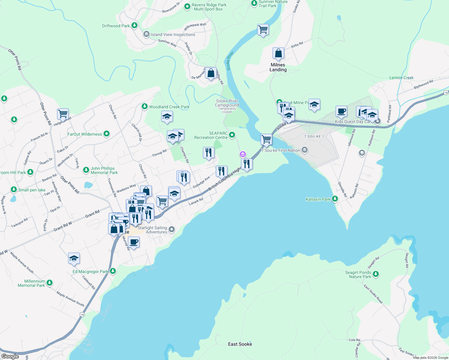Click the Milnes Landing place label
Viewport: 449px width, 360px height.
click(x=278, y=67)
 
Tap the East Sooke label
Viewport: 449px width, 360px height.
click(x=240, y=344)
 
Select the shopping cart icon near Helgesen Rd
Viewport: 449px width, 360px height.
click(x=63, y=114)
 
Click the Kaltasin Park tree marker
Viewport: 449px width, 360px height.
click(x=335, y=199)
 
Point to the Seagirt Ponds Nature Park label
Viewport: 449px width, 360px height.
click(x=358, y=274)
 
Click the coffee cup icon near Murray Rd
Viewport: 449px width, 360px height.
click(x=134, y=242)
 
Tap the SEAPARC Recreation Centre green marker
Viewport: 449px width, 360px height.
click(x=232, y=135)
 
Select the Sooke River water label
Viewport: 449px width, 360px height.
click(x=230, y=61)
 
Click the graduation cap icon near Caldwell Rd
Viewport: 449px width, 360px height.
click(x=74, y=258)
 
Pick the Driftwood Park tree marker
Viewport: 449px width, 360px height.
click(x=134, y=25)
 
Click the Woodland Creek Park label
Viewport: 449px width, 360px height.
click(x=169, y=107)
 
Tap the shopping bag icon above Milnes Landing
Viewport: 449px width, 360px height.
click(x=278, y=53)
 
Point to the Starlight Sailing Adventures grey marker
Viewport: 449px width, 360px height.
click(x=172, y=229)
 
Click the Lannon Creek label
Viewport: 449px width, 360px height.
click(x=401, y=78)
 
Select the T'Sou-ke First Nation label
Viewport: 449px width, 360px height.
click(x=281, y=150)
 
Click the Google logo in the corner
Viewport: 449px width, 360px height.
click(x=10, y=356)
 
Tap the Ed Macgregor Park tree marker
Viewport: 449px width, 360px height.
click(x=113, y=271)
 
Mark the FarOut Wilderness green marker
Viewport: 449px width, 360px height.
click(x=107, y=134)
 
